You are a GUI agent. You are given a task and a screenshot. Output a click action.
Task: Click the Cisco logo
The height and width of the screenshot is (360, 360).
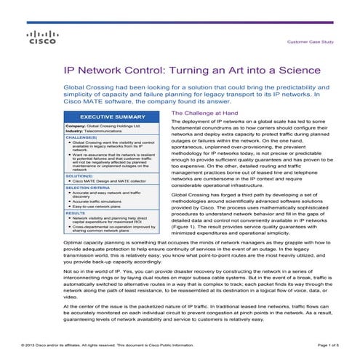point(38,38)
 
